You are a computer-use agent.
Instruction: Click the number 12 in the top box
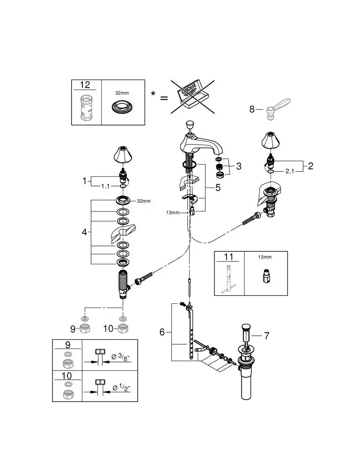85,85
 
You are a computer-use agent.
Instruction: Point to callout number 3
239,166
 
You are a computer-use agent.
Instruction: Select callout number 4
85,232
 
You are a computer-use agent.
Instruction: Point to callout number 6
162,332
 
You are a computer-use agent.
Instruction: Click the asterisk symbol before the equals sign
153,94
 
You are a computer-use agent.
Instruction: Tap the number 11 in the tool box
228,257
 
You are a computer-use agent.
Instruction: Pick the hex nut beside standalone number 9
85,329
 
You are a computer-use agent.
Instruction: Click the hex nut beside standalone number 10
123,329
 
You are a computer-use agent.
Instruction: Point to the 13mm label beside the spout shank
173,212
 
